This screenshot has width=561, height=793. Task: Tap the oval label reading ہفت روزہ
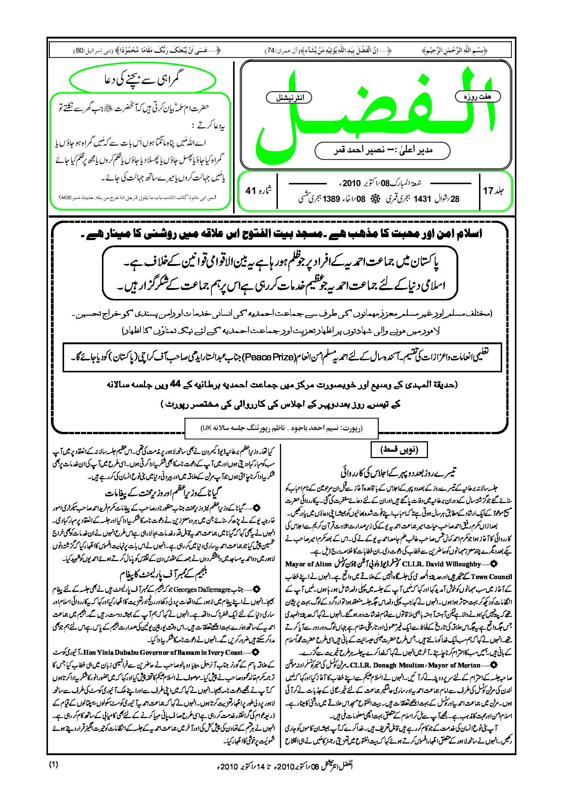tap(477, 97)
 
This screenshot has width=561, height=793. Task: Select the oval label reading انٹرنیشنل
tap(289, 98)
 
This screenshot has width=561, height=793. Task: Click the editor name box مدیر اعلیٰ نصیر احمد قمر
tap(382, 151)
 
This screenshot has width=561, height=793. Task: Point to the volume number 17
tap(488, 191)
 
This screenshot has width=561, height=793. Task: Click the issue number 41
tap(250, 191)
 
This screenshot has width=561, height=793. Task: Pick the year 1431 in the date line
tap(422, 199)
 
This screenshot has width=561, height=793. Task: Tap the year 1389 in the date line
tap(331, 199)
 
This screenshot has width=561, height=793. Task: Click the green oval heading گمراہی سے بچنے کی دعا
tap(143, 79)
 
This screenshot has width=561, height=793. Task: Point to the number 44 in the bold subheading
tap(175, 384)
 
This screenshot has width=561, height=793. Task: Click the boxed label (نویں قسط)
tap(399, 449)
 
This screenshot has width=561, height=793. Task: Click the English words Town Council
tap(491, 577)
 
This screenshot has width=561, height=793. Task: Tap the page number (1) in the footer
tap(53, 765)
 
